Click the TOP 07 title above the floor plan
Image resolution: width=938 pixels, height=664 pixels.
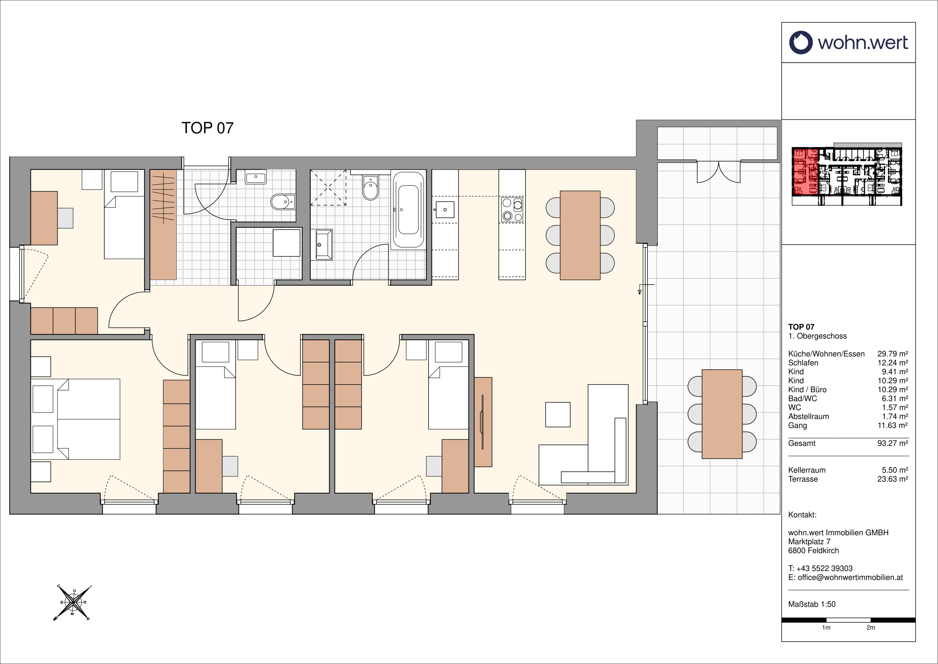[207, 128]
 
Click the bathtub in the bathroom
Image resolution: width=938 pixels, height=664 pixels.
[408, 209]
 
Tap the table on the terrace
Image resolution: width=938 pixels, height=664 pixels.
[722, 414]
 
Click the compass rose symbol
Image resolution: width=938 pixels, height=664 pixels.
[73, 603]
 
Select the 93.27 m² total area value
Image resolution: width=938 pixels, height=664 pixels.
[893, 443]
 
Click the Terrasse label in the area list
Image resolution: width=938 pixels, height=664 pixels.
[803, 479]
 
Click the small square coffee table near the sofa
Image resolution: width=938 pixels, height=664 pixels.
[558, 414]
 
